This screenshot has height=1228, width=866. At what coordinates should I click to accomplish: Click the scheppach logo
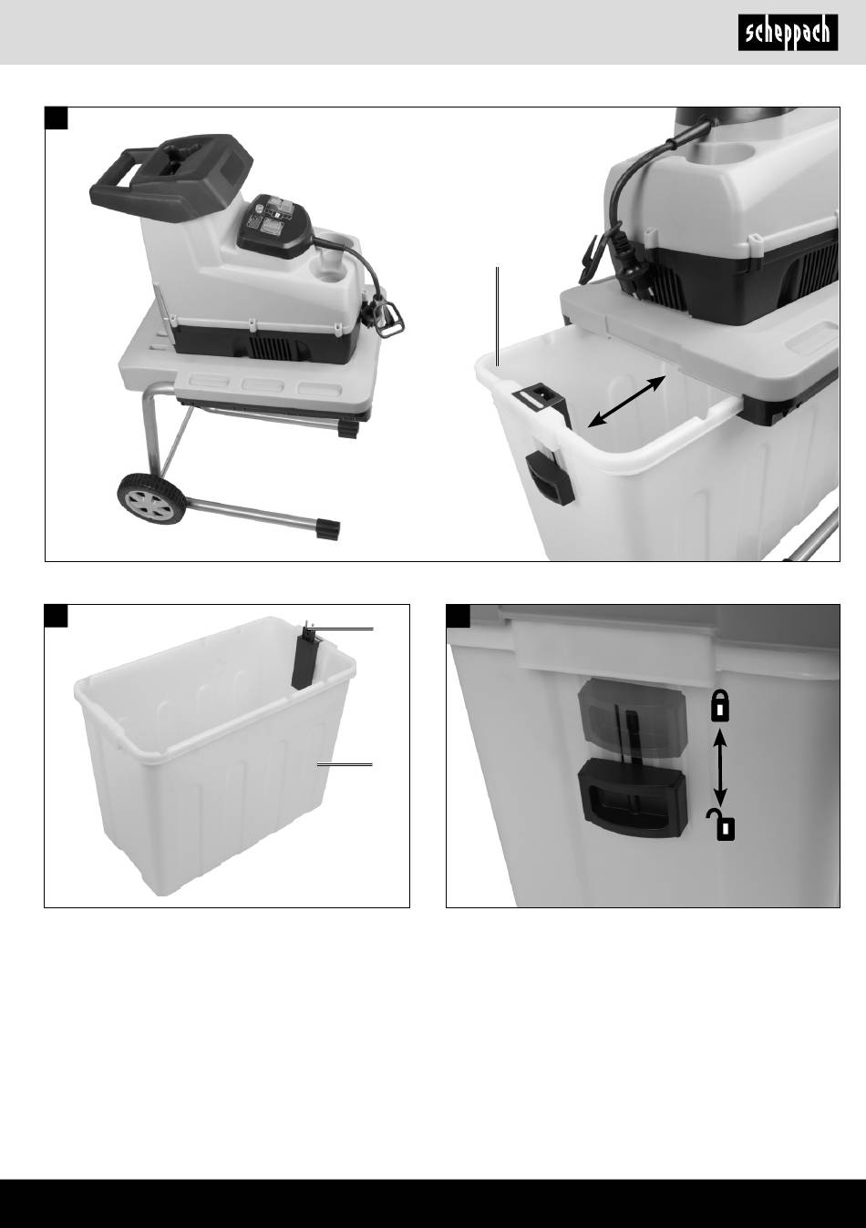[x=788, y=33]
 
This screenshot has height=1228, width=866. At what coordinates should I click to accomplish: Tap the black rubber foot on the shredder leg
[x=328, y=530]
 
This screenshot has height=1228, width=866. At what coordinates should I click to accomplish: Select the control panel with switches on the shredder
[x=274, y=225]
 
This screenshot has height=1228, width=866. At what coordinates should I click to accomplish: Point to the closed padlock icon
[x=720, y=706]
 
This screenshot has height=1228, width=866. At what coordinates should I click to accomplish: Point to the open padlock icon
[x=722, y=825]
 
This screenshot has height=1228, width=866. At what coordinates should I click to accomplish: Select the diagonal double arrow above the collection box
[x=627, y=402]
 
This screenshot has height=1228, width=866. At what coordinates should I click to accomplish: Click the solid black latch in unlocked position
[x=634, y=799]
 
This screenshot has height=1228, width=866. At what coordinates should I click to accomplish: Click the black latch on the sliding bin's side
[x=550, y=477]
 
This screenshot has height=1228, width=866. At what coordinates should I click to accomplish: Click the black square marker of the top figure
[x=56, y=118]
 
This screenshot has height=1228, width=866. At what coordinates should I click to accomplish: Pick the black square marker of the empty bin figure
[x=56, y=616]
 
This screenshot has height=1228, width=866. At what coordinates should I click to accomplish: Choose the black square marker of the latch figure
[x=458, y=616]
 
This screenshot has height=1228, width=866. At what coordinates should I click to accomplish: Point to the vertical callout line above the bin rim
[x=498, y=316]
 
